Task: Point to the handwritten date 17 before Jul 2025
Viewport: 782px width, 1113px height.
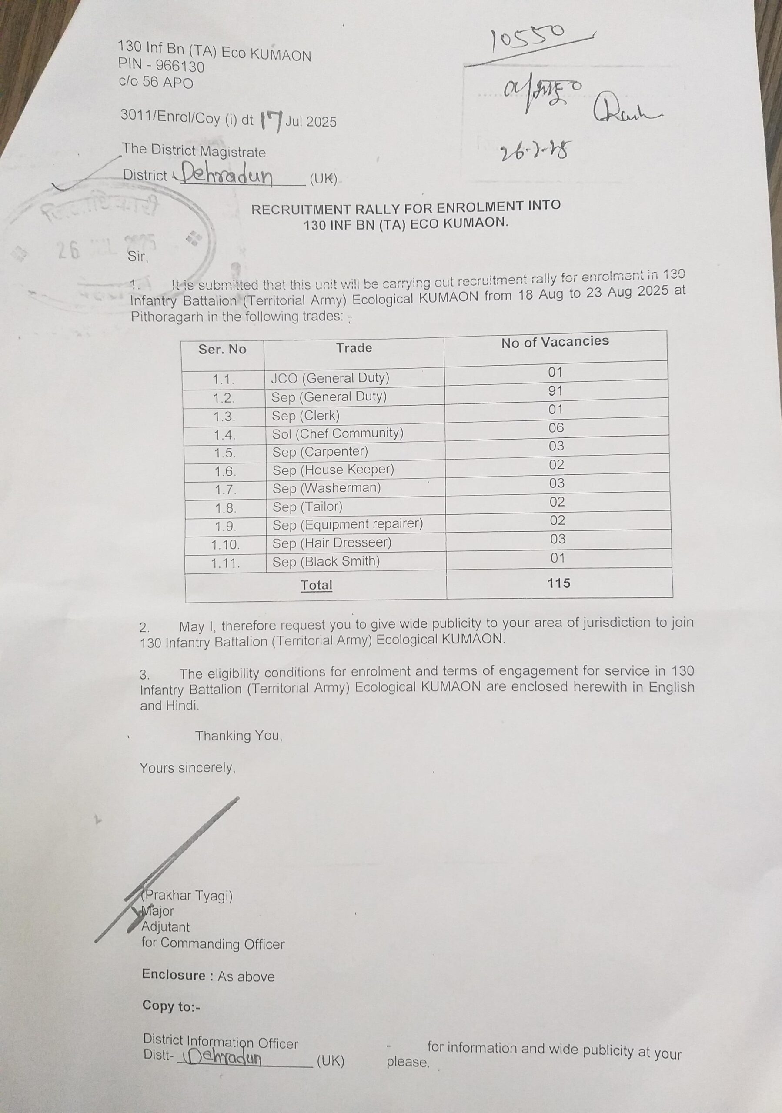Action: point(271,121)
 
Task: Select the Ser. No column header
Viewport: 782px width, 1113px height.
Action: point(222,349)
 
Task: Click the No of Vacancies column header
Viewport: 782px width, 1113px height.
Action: point(555,342)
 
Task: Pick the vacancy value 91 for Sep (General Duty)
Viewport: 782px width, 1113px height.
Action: point(555,391)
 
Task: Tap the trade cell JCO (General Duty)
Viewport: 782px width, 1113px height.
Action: point(330,378)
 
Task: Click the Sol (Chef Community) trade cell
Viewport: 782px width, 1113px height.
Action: point(338,433)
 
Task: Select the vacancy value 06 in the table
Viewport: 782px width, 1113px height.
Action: point(556,427)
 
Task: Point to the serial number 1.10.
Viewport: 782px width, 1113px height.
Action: point(225,545)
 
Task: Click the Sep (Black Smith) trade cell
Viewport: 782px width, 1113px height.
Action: point(326,561)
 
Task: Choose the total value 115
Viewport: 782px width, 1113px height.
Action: point(558,583)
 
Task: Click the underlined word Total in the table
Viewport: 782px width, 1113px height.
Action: point(316,585)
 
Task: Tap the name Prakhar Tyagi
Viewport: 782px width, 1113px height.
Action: point(187,895)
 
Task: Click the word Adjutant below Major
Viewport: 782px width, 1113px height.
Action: point(165,927)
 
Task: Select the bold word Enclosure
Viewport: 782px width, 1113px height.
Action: point(174,975)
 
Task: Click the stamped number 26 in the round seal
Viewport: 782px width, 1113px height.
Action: point(68,250)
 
